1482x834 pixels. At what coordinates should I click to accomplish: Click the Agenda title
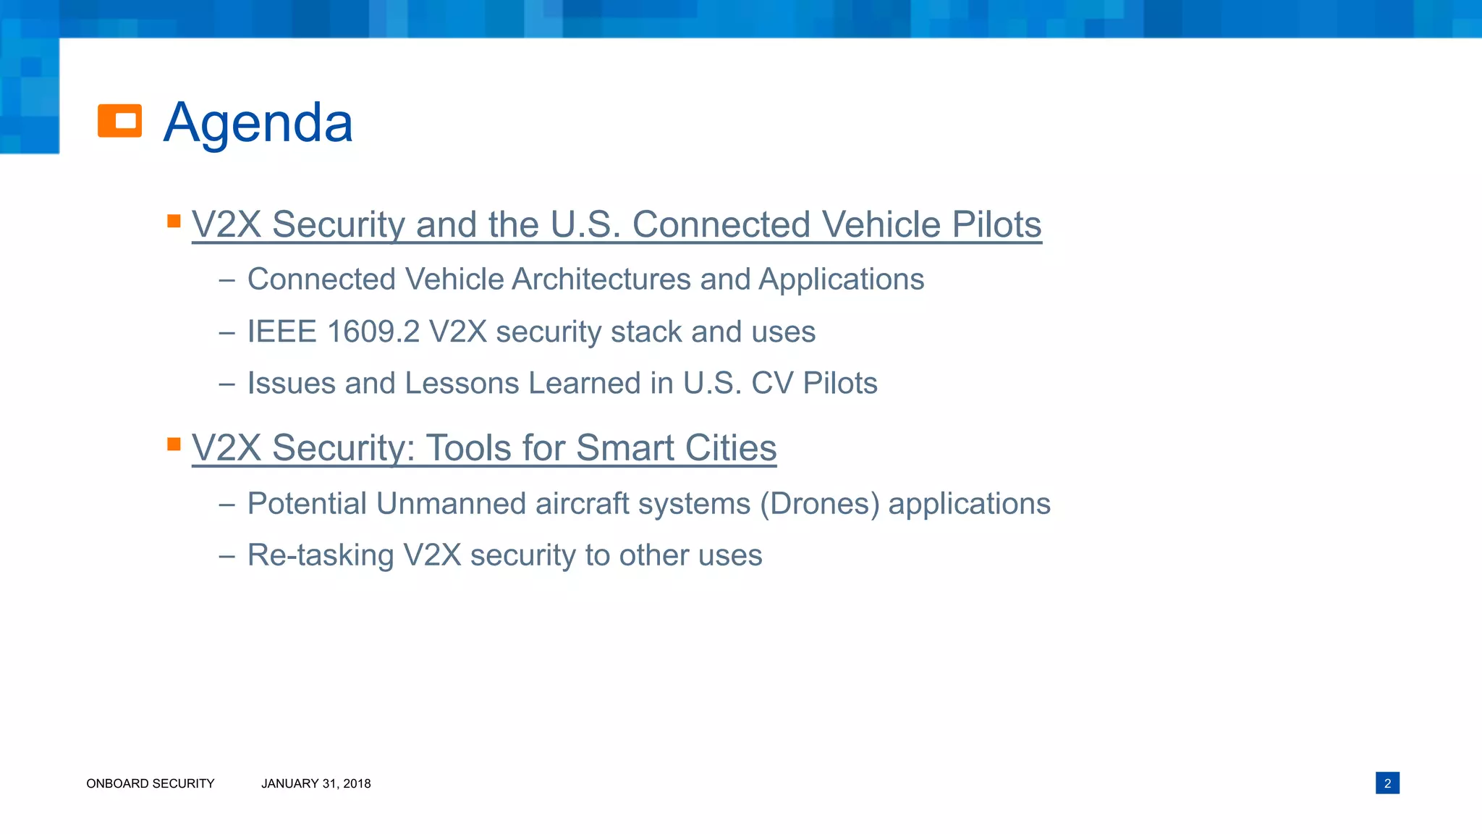pyautogui.click(x=258, y=122)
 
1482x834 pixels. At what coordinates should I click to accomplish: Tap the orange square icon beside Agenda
pyautogui.click(x=120, y=121)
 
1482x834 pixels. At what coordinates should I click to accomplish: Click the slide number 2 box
pyautogui.click(x=1387, y=783)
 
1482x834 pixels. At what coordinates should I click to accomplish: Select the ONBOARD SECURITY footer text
pyautogui.click(x=151, y=783)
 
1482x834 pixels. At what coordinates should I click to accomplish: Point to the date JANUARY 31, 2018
pyautogui.click(x=316, y=783)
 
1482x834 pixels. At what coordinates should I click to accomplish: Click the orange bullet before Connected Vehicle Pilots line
pyautogui.click(x=174, y=221)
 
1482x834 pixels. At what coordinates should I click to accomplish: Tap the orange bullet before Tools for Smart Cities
pyautogui.click(x=174, y=444)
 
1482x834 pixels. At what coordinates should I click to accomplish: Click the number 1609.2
pyautogui.click(x=373, y=332)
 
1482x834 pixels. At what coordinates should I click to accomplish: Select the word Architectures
pyautogui.click(x=601, y=279)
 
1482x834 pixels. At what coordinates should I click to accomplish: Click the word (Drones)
pyautogui.click(x=819, y=504)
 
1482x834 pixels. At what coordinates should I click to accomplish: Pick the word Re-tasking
pyautogui.click(x=321, y=555)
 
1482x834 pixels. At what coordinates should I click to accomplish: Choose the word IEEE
pyautogui.click(x=282, y=332)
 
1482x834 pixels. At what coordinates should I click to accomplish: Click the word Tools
pyautogui.click(x=470, y=447)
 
